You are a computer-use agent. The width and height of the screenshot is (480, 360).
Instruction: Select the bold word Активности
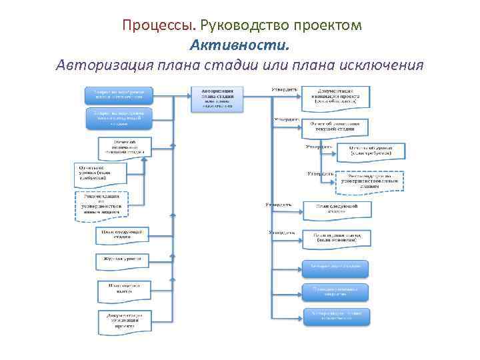click(240, 45)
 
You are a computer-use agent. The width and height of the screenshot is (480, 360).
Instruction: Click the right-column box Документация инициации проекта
click(335, 95)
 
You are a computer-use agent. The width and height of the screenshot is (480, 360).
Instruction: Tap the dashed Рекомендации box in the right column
click(370, 181)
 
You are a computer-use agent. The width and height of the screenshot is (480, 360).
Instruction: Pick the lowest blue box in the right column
click(337, 315)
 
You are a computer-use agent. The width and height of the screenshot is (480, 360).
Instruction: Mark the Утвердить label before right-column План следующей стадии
click(278, 203)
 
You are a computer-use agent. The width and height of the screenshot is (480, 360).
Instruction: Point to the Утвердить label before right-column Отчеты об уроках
click(319, 146)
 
